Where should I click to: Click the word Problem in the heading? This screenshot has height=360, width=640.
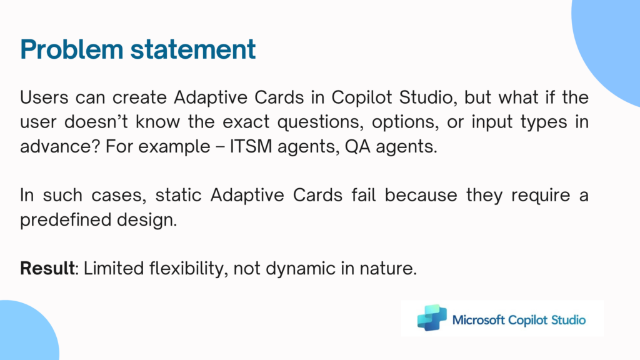(x=71, y=49)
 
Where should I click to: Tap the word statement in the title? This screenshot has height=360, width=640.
(x=193, y=49)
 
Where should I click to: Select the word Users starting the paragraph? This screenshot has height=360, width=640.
(x=44, y=97)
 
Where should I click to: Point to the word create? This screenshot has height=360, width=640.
(x=139, y=97)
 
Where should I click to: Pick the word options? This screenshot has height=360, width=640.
(x=405, y=122)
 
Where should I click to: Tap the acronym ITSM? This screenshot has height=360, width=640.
(x=251, y=146)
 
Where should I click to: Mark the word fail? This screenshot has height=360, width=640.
(x=364, y=195)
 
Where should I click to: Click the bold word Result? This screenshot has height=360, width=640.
(x=47, y=269)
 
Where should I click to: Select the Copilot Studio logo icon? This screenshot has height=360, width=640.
(x=432, y=317)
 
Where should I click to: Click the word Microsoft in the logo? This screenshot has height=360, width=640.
(x=479, y=320)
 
